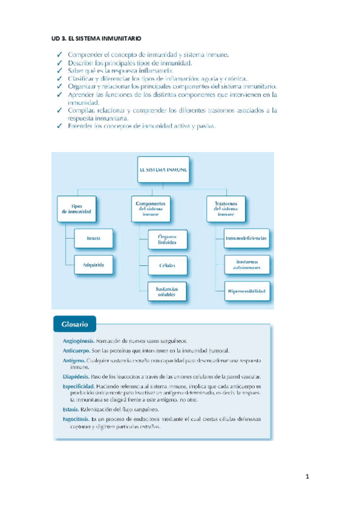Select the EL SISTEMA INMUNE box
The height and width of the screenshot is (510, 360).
click(x=163, y=169)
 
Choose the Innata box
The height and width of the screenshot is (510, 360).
click(x=93, y=239)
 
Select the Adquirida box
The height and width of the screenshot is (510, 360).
click(x=93, y=265)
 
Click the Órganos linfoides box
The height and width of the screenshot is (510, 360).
click(x=167, y=239)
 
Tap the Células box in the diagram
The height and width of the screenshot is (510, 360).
click(x=167, y=265)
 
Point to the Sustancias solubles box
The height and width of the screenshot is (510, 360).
click(x=167, y=292)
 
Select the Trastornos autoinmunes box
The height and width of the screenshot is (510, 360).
click(x=246, y=265)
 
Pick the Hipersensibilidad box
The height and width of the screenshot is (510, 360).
click(x=246, y=292)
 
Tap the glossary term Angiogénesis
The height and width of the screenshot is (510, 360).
click(x=78, y=340)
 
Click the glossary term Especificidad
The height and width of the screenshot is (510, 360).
click(x=79, y=387)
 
